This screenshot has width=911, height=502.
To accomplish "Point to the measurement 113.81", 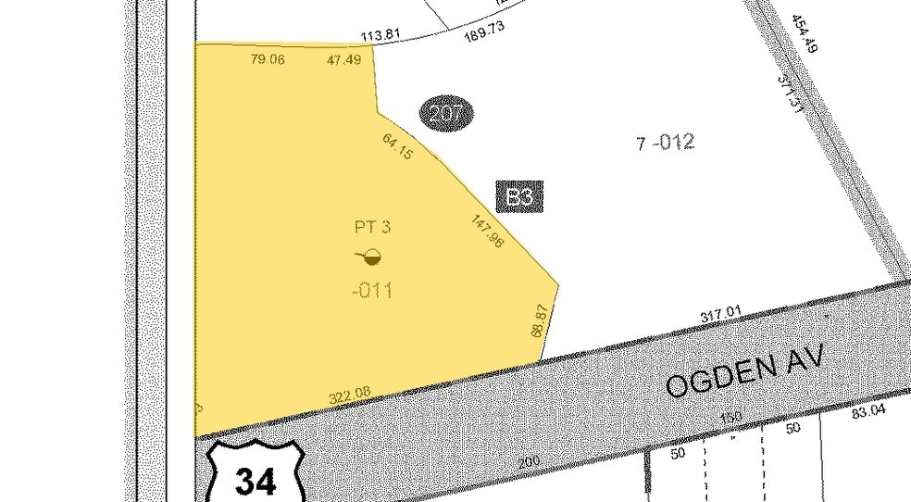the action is coord(381,37).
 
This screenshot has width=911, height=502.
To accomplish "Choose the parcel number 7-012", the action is coord(665,143).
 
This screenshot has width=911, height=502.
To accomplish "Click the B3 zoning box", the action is coord(519,196).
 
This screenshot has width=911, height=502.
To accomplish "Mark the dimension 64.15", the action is coord(398,146).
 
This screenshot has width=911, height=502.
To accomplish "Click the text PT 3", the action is coord(372,226).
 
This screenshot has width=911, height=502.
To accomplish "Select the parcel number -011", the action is coord(372,291).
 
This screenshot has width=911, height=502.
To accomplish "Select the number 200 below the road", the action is coord(529,461).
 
